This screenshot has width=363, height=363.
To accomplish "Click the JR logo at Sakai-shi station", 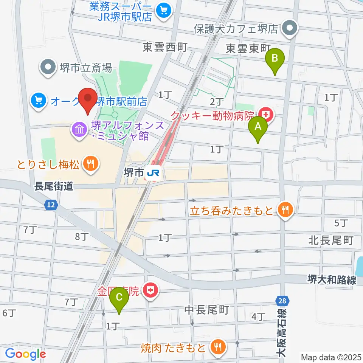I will (154, 173).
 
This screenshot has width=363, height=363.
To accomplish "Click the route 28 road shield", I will (285, 301).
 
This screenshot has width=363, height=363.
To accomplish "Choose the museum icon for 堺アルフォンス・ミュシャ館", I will (79, 130).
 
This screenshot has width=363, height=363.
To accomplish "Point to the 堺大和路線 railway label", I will (331, 280).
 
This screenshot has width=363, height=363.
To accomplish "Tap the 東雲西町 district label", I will (165, 47).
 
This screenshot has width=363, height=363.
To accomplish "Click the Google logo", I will (26, 354).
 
